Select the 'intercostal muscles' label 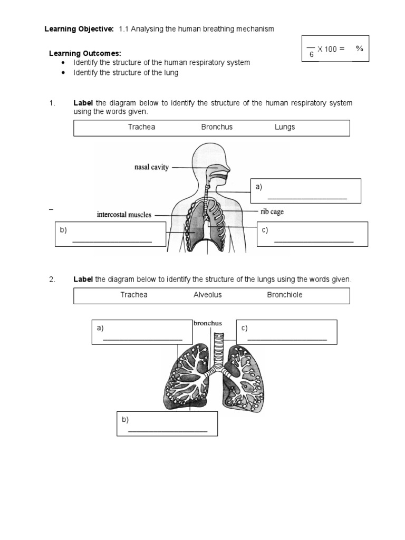(124, 215)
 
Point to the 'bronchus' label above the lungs (207, 323)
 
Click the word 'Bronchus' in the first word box (217, 127)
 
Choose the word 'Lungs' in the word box (285, 127)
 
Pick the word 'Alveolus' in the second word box (208, 295)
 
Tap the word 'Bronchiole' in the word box (285, 295)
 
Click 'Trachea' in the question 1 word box (141, 127)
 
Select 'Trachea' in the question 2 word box (134, 295)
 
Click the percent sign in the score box (360, 49)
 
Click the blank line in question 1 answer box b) (112, 242)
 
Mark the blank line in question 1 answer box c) (314, 242)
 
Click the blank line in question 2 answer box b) (168, 431)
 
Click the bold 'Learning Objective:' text (79, 30)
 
